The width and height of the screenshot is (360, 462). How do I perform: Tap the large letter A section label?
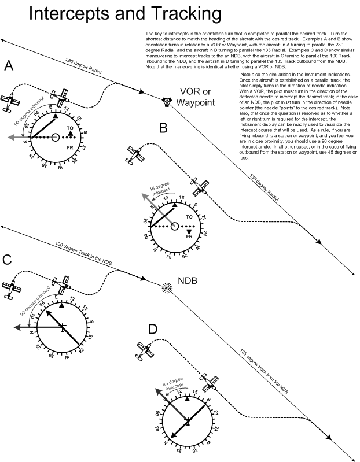pyautogui.click(x=9, y=66)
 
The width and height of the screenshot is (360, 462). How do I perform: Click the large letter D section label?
pyautogui.click(x=153, y=330)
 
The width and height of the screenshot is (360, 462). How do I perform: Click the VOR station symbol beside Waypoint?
pyautogui.click(x=167, y=102)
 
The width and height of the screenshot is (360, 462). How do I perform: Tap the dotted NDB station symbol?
pyautogui.click(x=167, y=287)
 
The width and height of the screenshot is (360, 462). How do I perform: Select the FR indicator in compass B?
pyautogui.click(x=189, y=236)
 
